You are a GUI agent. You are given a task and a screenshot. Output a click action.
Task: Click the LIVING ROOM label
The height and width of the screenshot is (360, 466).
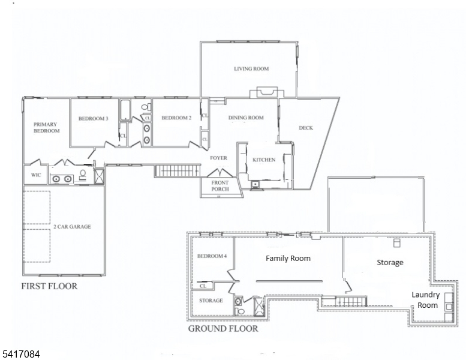[x=251, y=68]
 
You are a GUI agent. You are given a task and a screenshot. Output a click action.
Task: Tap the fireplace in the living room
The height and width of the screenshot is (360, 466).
[x=264, y=92]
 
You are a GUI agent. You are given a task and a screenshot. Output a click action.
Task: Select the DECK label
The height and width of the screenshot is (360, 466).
[x=306, y=128]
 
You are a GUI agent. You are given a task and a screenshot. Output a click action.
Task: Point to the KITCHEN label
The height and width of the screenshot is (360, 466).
[x=264, y=160]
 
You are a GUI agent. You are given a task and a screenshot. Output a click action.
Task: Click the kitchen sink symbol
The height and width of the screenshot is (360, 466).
[x=255, y=184]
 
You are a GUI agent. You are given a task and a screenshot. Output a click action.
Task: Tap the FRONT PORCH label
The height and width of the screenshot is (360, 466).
[x=220, y=186]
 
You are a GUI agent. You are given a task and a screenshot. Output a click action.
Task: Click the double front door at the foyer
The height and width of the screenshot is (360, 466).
[x=220, y=173]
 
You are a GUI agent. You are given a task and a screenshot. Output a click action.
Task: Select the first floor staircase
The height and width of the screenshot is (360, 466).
[x=178, y=170]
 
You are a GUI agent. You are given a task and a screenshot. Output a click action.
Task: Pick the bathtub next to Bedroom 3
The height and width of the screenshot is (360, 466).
[x=125, y=110]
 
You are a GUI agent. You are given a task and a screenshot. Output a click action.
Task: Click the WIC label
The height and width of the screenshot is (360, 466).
[x=36, y=175]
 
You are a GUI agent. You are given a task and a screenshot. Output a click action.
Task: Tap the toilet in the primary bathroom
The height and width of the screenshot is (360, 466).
[x=83, y=175]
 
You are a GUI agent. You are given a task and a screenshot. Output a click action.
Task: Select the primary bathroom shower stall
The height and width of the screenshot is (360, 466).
[x=99, y=176]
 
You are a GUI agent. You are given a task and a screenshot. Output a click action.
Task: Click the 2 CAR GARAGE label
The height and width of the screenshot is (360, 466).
[x=72, y=227]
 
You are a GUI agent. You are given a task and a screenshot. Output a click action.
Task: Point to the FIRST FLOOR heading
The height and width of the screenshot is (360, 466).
[x=49, y=286]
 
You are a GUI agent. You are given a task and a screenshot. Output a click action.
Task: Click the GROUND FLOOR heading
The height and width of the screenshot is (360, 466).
[x=223, y=328]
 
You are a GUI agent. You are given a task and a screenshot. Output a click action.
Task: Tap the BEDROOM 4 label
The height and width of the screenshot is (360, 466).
[x=212, y=256]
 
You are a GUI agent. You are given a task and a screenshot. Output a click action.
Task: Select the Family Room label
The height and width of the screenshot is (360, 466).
[x=288, y=259]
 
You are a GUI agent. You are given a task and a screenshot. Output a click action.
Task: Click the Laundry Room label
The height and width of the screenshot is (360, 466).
[x=426, y=300]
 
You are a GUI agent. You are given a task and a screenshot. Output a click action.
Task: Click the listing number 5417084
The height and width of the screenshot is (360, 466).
[x=21, y=354]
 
